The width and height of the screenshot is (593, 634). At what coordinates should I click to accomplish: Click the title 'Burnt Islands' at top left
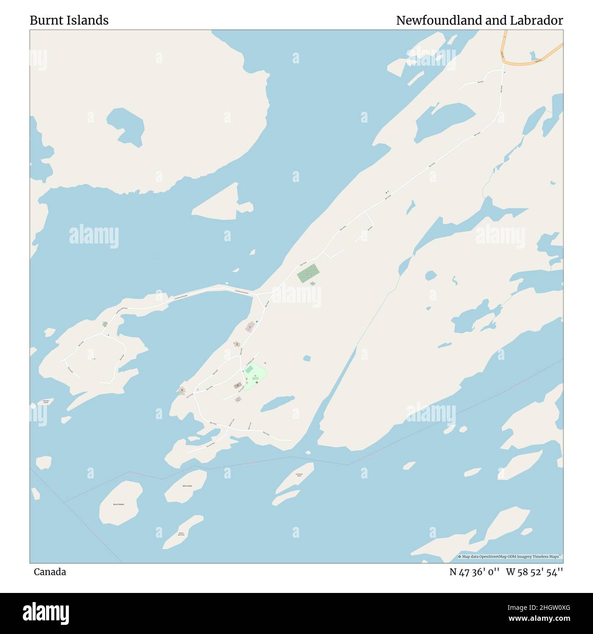pos(69,20)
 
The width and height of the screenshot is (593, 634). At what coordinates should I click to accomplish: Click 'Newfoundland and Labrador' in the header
pos(479,20)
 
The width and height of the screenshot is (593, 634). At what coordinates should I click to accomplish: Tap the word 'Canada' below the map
pos(50,572)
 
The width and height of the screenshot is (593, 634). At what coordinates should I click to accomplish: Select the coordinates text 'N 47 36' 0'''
pos(475,572)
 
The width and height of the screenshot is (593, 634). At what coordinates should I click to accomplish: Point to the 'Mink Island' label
pos(187,486)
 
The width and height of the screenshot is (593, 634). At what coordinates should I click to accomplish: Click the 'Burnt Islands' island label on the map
pos(119,504)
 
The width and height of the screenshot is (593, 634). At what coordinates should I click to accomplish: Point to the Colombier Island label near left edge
pos(46,401)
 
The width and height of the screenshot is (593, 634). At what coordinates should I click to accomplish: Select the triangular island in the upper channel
pos(219,203)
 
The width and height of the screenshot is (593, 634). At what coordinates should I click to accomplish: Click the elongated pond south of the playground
pos(277,403)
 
